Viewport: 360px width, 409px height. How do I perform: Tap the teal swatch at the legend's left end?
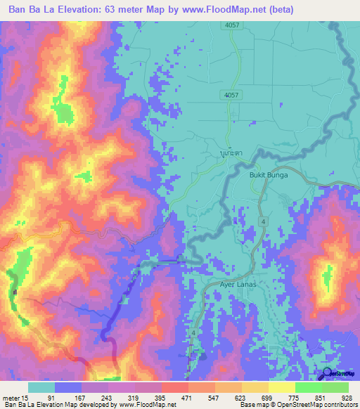click(x=41, y=387)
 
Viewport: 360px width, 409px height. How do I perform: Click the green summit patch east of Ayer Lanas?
click(x=326, y=278)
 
